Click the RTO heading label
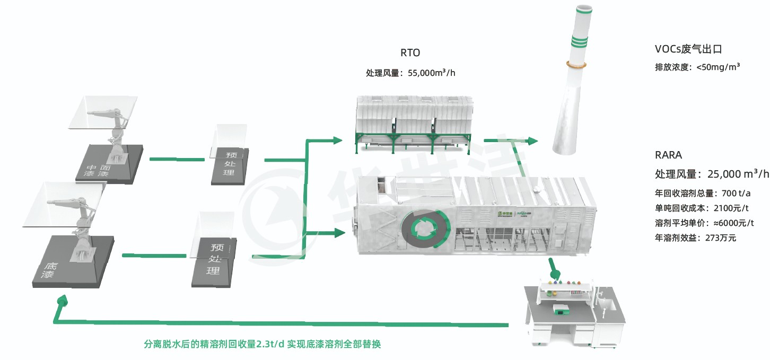410,53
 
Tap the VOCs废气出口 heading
688,49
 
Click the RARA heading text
668,155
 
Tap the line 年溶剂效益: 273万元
695,238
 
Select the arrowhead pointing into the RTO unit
337,141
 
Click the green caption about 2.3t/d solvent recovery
262,344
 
